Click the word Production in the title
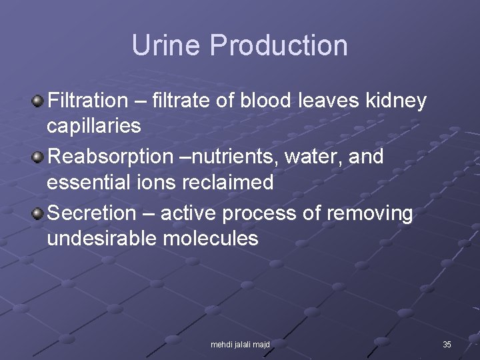pyautogui.click(x=279, y=46)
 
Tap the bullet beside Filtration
pyautogui.click(x=38, y=101)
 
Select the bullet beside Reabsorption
pyautogui.click(x=38, y=157)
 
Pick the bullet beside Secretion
pyautogui.click(x=38, y=213)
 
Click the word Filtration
pyautogui.click(x=87, y=101)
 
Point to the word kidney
pyautogui.click(x=396, y=101)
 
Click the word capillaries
pyautogui.click(x=93, y=125)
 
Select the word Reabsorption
pyautogui.click(x=111, y=157)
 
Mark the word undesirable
pyautogui.click(x=101, y=238)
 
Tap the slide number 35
pyautogui.click(x=447, y=345)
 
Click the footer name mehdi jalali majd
pyautogui.click(x=240, y=345)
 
